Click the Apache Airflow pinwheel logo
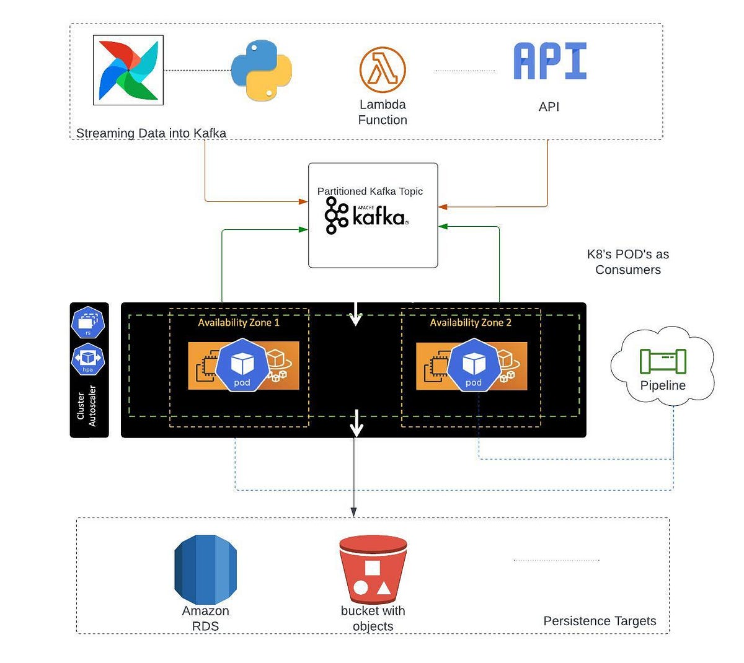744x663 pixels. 128,70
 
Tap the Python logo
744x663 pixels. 261,71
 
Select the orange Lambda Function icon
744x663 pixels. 383,70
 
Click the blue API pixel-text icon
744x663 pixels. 549,61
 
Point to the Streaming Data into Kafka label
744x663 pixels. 151,133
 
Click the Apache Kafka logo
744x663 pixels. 366,216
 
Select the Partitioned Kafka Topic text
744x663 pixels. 370,191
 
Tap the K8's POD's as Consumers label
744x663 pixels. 627,262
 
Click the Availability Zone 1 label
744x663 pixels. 239,323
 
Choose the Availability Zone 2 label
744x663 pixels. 471,323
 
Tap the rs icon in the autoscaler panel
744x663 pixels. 88,323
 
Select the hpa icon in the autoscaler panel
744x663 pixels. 88,359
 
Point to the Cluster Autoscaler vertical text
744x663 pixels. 86,406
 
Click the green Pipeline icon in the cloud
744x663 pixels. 662,361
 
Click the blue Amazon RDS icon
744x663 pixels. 205,569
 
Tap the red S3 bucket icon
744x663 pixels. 373,569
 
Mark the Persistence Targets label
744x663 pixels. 599,621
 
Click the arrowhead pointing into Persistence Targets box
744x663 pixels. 353,512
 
